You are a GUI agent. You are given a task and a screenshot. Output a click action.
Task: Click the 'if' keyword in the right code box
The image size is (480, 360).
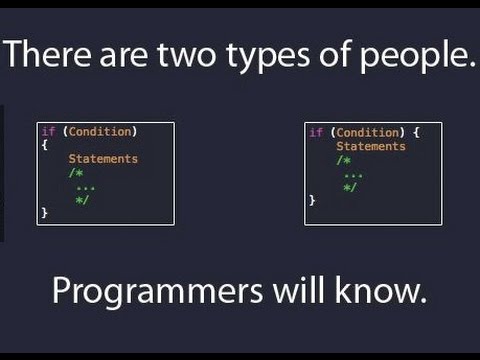coord(315,131)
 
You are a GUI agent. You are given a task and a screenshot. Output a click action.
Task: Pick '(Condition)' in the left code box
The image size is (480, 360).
coord(96,131)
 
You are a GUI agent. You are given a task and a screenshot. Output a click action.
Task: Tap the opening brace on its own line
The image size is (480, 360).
coord(44,144)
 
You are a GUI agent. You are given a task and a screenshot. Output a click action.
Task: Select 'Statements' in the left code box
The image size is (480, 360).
coord(103,158)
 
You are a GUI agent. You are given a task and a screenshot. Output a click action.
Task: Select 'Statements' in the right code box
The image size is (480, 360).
coord(370,145)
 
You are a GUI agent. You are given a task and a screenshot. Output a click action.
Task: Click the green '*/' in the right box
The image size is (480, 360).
coord(349,186)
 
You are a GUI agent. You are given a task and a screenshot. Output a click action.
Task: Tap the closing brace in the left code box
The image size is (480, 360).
coord(44,213)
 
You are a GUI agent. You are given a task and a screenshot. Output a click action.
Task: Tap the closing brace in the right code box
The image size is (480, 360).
coord(312,200)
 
